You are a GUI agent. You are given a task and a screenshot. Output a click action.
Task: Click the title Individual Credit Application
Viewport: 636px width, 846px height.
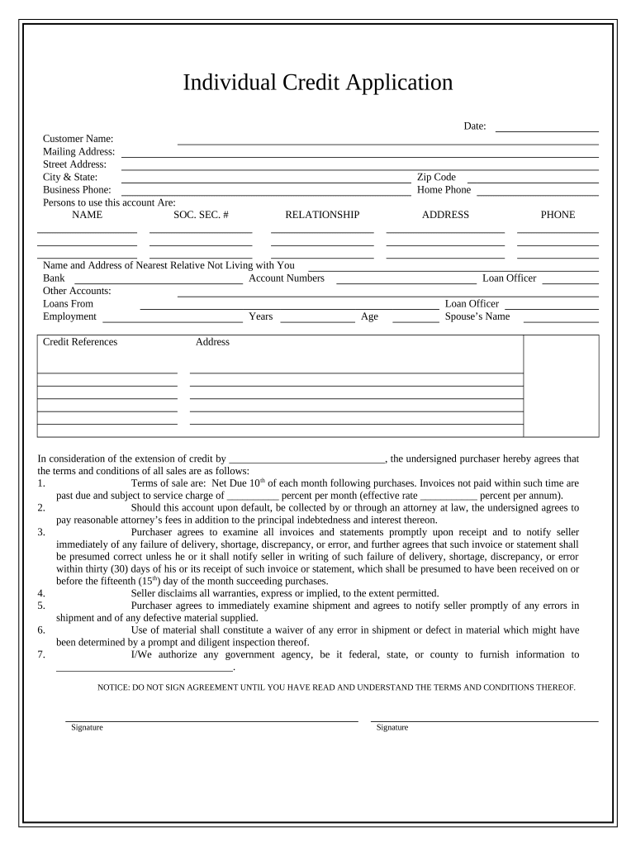[317, 83]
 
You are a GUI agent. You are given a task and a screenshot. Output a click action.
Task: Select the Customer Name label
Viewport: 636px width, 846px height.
[78, 139]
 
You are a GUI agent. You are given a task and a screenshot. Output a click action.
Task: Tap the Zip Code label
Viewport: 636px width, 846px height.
[436, 177]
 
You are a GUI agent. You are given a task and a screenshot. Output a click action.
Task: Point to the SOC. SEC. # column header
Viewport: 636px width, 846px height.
[201, 215]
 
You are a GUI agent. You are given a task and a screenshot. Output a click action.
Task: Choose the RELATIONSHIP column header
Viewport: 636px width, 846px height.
[322, 215]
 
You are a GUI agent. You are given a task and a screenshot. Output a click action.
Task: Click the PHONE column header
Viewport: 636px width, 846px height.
[558, 215]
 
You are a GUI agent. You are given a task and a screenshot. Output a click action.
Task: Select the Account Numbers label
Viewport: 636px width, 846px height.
[287, 278]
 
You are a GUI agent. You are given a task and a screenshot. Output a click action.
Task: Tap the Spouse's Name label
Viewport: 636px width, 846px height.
[477, 316]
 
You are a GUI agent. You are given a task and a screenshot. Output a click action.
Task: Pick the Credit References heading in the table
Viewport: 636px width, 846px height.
[80, 342]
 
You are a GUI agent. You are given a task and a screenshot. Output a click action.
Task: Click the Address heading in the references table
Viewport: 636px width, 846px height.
[212, 342]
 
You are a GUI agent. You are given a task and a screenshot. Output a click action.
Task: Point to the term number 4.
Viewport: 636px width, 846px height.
[41, 593]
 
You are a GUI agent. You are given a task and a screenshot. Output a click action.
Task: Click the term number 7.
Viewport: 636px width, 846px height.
[41, 655]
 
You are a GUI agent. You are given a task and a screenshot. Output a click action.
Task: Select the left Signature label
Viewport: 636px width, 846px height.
[87, 728]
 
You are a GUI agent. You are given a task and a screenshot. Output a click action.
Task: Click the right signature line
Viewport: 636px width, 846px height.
[484, 720]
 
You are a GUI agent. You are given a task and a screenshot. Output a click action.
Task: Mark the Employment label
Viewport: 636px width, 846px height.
[69, 316]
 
